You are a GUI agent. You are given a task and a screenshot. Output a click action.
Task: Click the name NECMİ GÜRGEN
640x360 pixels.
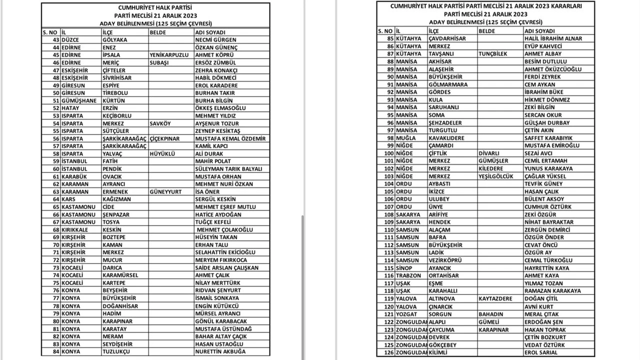(x=215, y=40)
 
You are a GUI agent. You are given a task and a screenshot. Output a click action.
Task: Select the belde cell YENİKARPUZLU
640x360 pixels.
(x=169, y=55)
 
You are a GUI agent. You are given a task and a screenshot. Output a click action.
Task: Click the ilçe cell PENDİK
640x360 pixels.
(x=112, y=169)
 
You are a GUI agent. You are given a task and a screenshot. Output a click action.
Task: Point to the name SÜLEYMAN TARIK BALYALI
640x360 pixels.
(x=228, y=169)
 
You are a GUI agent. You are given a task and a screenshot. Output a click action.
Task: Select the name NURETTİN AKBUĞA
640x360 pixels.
(x=220, y=351)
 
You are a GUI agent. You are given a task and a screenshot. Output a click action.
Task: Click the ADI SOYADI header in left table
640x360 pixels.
(x=210, y=32)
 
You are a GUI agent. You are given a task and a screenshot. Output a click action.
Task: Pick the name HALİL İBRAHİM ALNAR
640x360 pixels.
(x=553, y=38)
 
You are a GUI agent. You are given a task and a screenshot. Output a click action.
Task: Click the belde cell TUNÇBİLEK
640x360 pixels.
(x=493, y=54)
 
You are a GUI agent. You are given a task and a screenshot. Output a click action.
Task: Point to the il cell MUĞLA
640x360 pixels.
(x=405, y=138)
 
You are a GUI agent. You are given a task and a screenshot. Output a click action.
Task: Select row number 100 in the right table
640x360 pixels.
(x=388, y=153)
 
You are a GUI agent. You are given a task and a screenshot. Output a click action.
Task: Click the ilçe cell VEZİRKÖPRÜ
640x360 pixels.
(x=445, y=260)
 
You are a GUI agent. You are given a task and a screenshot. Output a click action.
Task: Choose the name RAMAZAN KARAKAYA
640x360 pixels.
(x=552, y=291)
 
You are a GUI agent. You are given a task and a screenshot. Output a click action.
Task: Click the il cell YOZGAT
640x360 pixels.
(x=407, y=314)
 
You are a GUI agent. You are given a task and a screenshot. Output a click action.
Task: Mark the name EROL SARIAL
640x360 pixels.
(x=541, y=352)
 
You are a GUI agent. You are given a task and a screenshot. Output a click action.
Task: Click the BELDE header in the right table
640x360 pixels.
(x=487, y=31)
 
